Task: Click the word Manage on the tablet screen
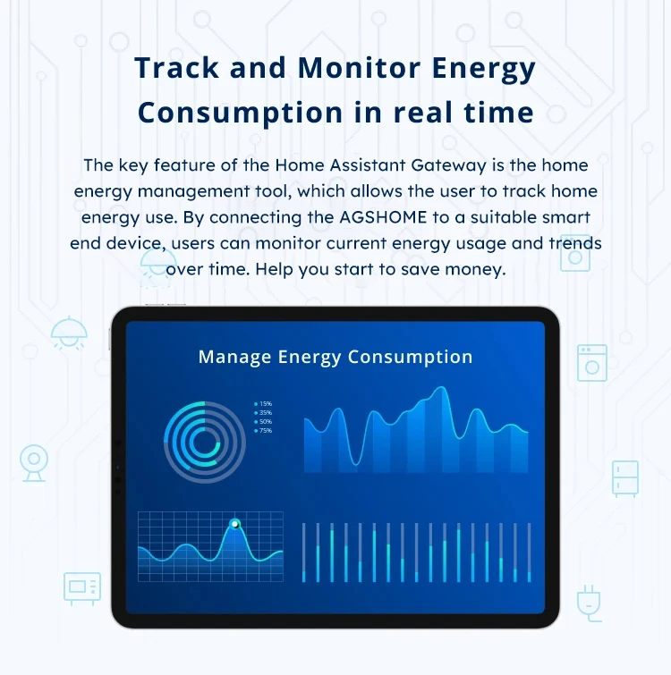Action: [234, 357]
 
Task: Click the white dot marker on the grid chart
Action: [234, 524]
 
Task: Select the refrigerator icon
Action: [624, 478]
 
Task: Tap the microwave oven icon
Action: [82, 588]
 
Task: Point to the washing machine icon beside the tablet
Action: [592, 362]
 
